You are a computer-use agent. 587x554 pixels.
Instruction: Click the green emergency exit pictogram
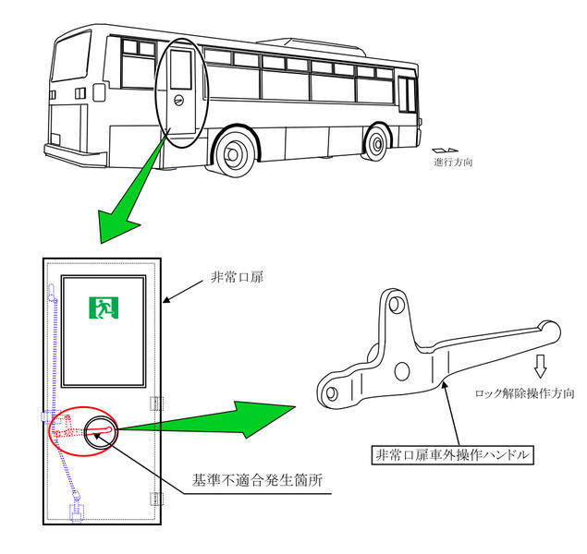(104, 307)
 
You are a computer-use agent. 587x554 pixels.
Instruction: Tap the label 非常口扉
(237, 277)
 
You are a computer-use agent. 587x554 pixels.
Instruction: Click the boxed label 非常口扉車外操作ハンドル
(453, 455)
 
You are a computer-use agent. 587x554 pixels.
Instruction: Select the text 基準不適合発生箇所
(257, 480)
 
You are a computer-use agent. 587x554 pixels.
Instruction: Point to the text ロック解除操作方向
(524, 393)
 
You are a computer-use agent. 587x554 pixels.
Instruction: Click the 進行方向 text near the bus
(453, 162)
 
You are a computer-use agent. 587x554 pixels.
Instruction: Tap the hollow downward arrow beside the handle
(540, 366)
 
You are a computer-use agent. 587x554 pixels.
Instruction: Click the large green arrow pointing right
(206, 419)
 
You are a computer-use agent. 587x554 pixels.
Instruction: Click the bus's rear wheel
(234, 153)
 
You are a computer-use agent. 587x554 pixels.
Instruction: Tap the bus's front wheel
(376, 143)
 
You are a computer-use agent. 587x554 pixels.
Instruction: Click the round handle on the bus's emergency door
(178, 101)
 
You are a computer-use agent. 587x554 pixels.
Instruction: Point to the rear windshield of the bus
(71, 56)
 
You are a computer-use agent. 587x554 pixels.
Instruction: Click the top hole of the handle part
(395, 305)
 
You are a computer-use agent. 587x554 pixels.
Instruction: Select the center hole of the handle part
(402, 371)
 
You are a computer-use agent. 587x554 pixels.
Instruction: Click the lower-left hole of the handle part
(332, 393)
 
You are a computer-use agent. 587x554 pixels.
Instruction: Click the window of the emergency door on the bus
(181, 69)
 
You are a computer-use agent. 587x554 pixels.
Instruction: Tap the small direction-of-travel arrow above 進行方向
(445, 151)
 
